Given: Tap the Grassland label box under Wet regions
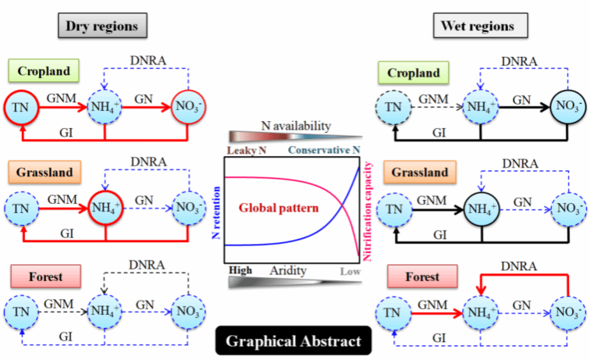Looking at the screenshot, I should pos(419,172).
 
